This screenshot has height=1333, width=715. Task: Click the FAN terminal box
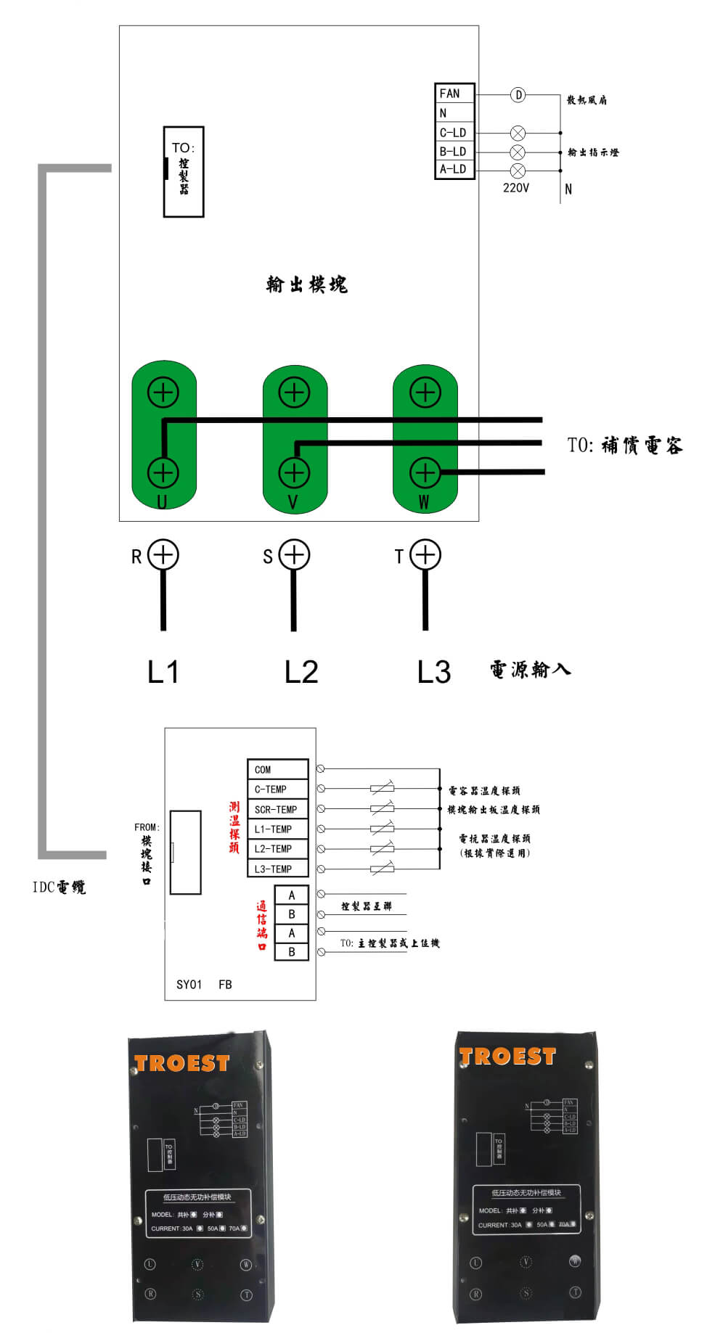(x=454, y=94)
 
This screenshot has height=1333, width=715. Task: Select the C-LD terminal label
(x=453, y=133)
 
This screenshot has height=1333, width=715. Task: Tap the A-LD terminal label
(x=453, y=169)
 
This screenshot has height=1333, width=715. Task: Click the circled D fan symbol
(x=518, y=95)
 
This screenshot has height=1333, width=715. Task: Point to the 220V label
(x=515, y=188)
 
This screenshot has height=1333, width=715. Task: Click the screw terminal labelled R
(x=163, y=555)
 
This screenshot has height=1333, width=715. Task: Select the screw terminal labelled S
(x=294, y=555)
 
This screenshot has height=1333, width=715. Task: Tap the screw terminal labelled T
(x=425, y=555)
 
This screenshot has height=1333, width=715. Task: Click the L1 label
(x=163, y=672)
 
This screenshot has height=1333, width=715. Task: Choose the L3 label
(x=434, y=672)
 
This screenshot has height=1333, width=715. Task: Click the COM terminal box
(x=278, y=769)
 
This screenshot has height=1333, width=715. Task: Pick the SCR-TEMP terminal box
(x=278, y=809)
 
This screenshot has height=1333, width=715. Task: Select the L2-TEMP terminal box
(x=278, y=848)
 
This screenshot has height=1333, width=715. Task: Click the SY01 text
(x=189, y=985)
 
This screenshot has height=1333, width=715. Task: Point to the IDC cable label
(x=59, y=887)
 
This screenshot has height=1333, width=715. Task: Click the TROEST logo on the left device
(x=182, y=1064)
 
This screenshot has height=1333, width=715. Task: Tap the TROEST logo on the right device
(x=507, y=1057)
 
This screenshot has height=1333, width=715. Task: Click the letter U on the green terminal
(x=162, y=502)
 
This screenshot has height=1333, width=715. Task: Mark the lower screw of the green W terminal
(x=425, y=472)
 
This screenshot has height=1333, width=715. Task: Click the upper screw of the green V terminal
(x=294, y=393)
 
